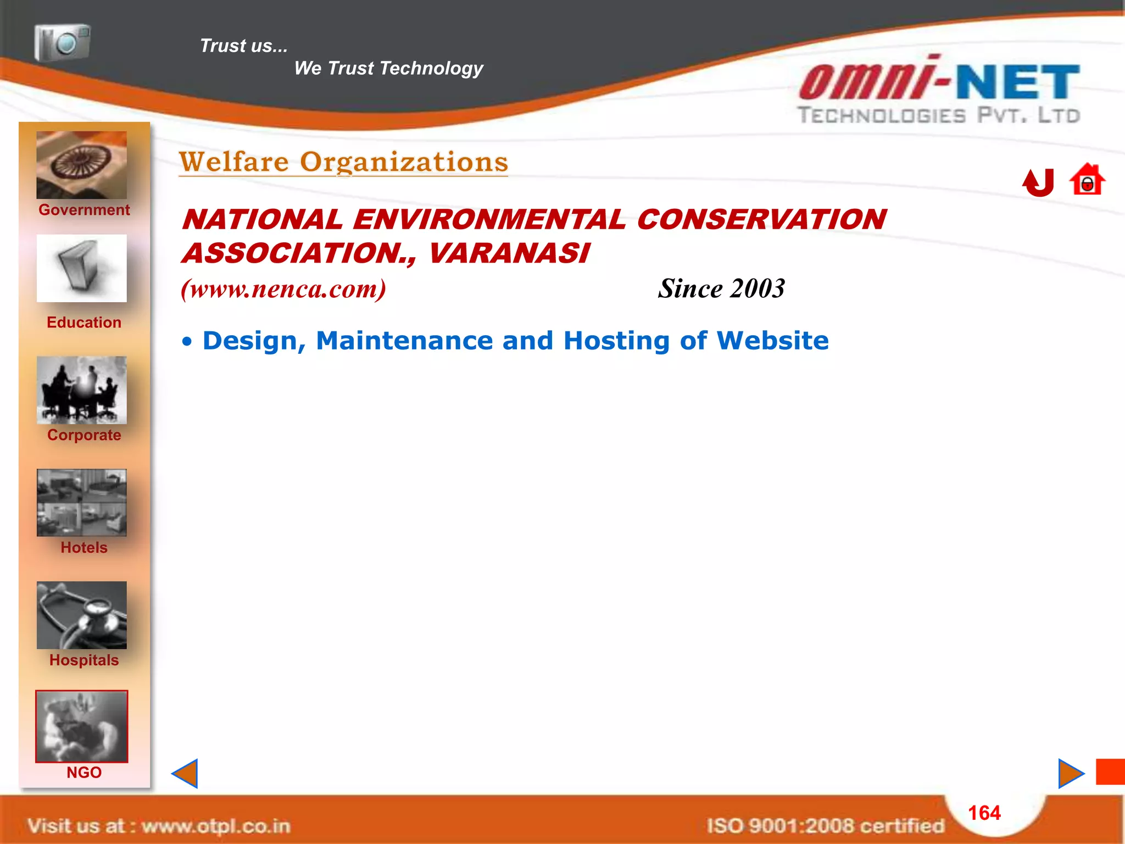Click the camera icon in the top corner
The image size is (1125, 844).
pos(62,42)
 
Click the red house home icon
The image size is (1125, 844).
pos(1087,180)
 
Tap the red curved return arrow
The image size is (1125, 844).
pos(1038,182)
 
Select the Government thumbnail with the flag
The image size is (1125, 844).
pos(81,165)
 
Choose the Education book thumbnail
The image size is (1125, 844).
pos(81,268)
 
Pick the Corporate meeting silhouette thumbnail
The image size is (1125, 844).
pos(81,390)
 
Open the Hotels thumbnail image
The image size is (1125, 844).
pos(81,503)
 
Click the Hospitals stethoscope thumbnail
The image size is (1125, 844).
pos(81,615)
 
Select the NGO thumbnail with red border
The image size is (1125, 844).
pos(81,726)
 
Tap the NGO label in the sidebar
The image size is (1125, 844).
pos(84,773)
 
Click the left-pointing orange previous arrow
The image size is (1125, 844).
pos(185,774)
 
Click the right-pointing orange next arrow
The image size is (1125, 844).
pos(1071,774)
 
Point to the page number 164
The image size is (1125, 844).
pos(984,813)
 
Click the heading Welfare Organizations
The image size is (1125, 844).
pos(343,162)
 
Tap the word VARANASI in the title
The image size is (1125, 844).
pos(508,253)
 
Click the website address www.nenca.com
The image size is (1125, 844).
pos(283,289)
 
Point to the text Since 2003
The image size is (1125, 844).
pos(721,289)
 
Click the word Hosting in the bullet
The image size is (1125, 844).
pos(616,341)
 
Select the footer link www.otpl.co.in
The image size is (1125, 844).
pos(216,826)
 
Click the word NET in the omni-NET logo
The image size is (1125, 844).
pos(1018,82)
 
